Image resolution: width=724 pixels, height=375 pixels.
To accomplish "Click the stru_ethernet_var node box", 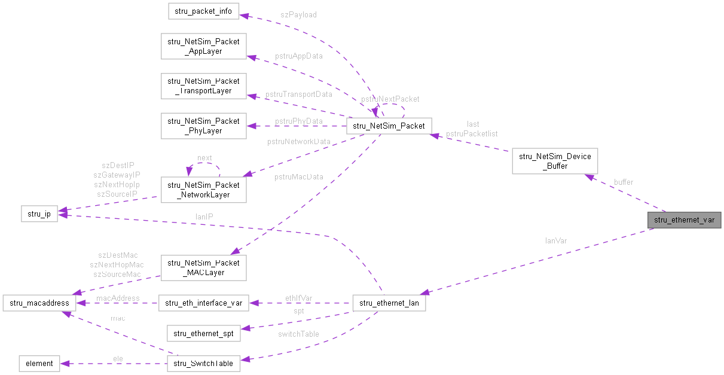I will tap(684, 220).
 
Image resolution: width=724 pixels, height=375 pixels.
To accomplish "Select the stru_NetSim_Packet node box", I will tap(389, 126).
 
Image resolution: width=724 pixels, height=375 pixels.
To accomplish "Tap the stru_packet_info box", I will tap(203, 11).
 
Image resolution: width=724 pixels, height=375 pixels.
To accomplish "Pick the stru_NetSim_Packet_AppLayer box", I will tap(203, 47).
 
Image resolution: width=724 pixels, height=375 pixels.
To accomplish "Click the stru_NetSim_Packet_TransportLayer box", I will tap(203, 86).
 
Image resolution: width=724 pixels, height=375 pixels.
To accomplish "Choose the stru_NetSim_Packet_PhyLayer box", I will tap(203, 126).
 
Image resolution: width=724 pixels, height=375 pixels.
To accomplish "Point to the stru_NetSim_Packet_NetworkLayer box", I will tap(203, 190).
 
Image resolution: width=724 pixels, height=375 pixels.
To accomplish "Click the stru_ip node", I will tap(39, 214).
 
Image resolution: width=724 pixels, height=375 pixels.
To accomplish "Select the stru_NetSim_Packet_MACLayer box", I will tap(203, 267).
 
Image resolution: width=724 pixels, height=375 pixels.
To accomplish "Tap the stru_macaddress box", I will tap(39, 303).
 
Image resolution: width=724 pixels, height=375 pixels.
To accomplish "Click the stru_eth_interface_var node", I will tap(203, 303).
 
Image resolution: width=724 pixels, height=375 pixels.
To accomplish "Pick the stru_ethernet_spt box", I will tap(203, 333).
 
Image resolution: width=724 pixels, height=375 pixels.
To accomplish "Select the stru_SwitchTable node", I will tap(203, 363).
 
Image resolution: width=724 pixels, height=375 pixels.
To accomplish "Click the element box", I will tap(39, 363).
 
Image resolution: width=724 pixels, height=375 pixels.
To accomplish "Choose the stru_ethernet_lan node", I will tap(389, 303).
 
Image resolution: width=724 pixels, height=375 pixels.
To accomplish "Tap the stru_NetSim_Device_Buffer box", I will tap(554, 161).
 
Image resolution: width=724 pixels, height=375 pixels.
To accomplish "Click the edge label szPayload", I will tap(298, 14).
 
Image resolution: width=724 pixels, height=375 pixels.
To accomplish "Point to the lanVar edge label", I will tap(556, 241).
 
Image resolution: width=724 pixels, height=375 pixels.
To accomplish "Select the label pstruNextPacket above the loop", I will tap(390, 99).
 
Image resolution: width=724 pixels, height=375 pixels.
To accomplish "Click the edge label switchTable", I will tap(298, 334).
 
